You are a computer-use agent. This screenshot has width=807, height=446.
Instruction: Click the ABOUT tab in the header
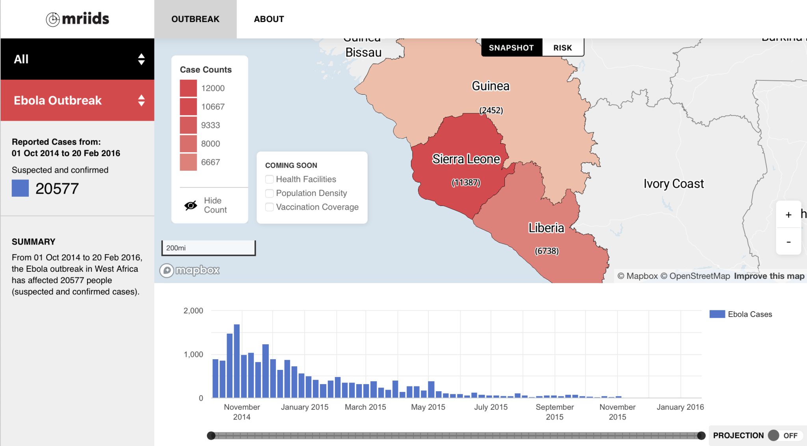(269, 19)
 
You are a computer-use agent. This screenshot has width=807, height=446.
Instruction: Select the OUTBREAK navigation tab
(195, 19)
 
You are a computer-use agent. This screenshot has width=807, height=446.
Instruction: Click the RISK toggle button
(562, 48)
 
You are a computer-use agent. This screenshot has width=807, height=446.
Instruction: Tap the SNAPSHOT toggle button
(511, 48)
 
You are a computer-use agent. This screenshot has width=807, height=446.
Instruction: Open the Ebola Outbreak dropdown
(78, 100)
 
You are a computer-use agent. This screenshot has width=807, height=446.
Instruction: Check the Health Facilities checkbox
(270, 179)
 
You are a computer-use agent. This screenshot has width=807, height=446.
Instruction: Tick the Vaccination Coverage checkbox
(270, 207)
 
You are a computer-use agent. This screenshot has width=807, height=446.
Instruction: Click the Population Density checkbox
(270, 193)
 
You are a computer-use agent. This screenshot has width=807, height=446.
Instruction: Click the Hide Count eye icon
(191, 205)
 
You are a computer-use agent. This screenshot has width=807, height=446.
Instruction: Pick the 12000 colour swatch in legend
(188, 88)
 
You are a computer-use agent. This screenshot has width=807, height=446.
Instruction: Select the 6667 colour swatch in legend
(188, 162)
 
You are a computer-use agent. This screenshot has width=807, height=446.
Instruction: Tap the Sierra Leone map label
(466, 159)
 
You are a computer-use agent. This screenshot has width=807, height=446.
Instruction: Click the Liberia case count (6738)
(547, 251)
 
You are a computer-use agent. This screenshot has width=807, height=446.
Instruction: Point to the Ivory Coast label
(673, 184)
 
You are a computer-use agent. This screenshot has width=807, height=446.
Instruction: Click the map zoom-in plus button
(788, 215)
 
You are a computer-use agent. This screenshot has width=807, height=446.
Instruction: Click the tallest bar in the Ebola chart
(237, 361)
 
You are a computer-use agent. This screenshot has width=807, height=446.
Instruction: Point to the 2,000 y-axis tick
(193, 311)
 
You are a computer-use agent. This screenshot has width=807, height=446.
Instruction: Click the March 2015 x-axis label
(365, 407)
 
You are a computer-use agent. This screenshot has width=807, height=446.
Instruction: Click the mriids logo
(78, 19)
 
